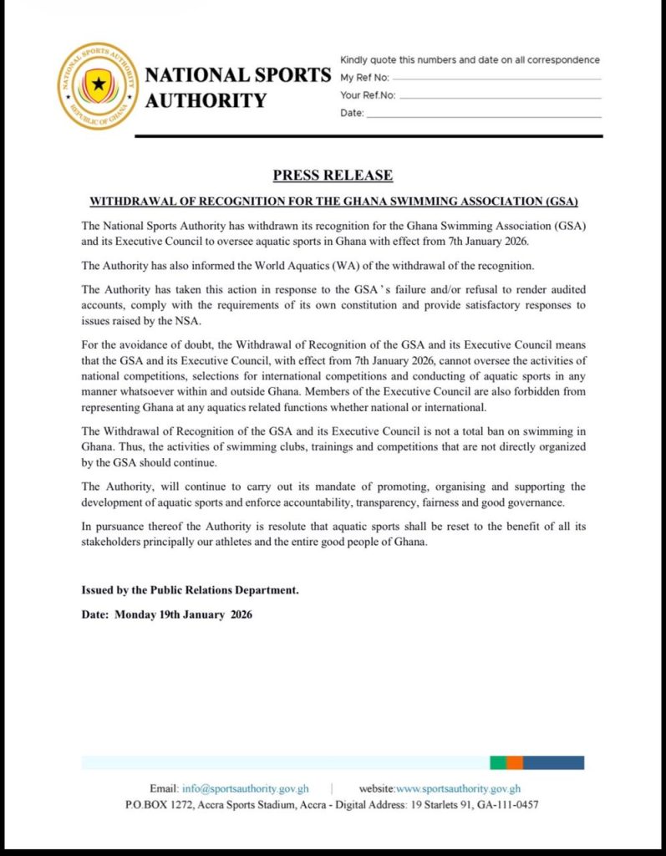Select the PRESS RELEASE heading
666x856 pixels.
[333, 176]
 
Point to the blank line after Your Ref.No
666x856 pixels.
[501, 97]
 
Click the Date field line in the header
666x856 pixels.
[484, 115]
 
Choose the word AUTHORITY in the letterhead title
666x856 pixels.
[206, 101]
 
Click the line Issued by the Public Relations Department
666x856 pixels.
[190, 590]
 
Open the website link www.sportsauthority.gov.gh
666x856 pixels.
[458, 788]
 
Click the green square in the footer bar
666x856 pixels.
[497, 762]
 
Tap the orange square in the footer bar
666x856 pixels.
[515, 762]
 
